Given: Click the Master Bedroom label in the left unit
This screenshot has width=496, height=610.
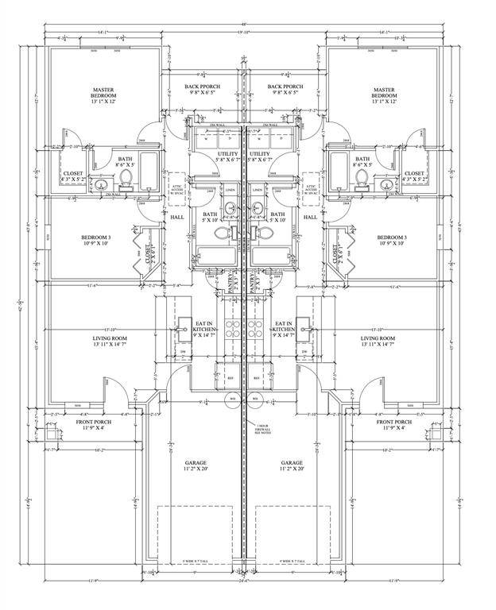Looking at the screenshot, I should click(x=104, y=96).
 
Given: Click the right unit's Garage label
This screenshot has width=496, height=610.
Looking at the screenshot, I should click(x=292, y=465).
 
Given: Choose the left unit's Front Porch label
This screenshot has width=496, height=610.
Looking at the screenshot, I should click(x=94, y=425).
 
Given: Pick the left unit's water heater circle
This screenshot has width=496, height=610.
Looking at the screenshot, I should click(x=232, y=400).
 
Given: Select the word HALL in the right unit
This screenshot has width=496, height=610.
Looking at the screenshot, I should click(x=311, y=217).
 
